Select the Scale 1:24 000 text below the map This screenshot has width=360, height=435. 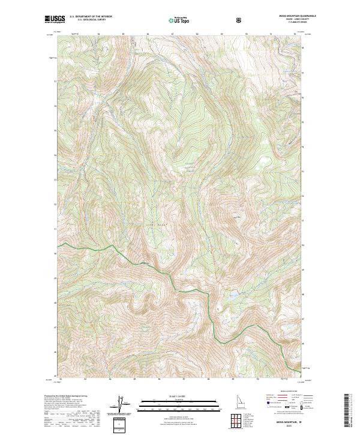coord(180,397)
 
